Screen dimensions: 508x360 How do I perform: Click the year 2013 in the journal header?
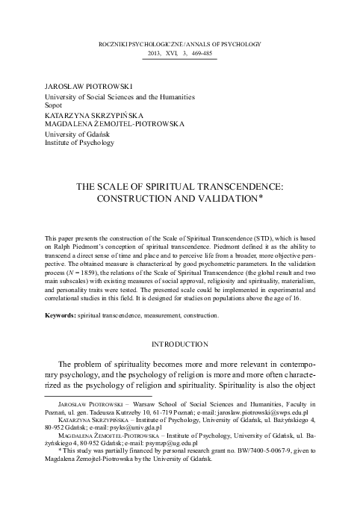pos(156,55)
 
